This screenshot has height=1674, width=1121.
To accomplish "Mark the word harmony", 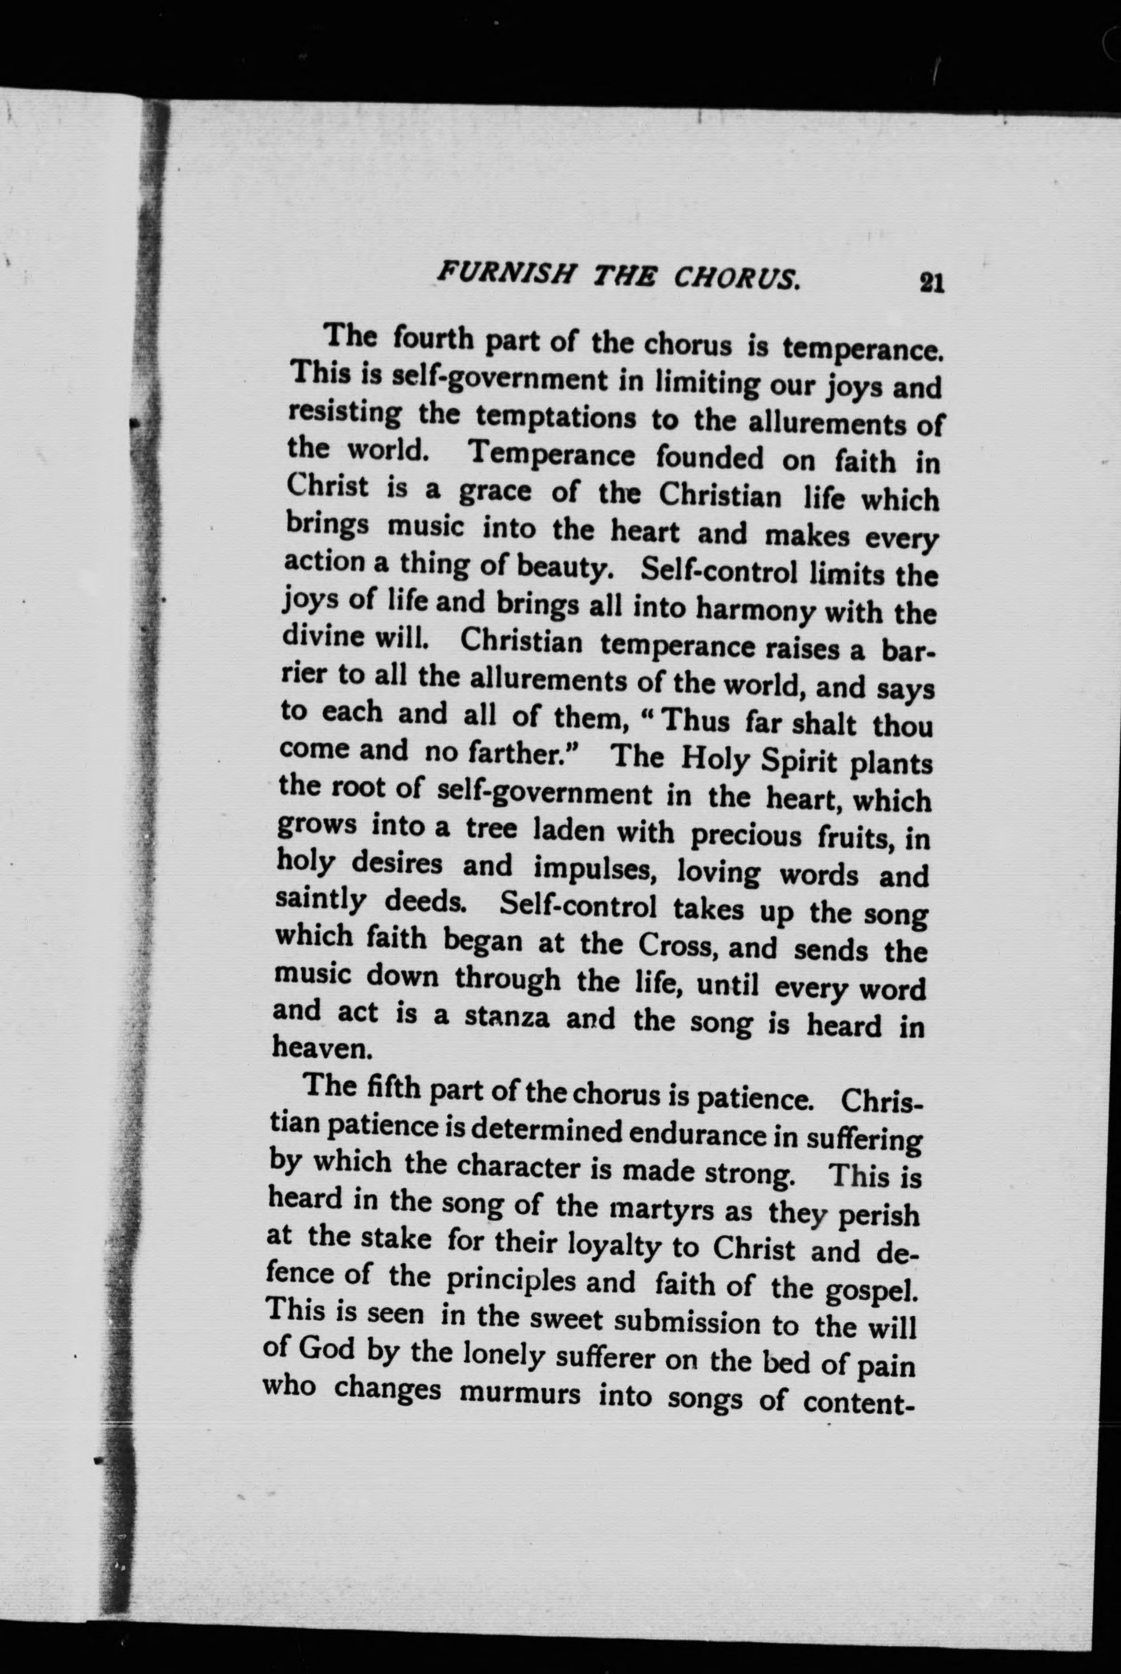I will (757, 610).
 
